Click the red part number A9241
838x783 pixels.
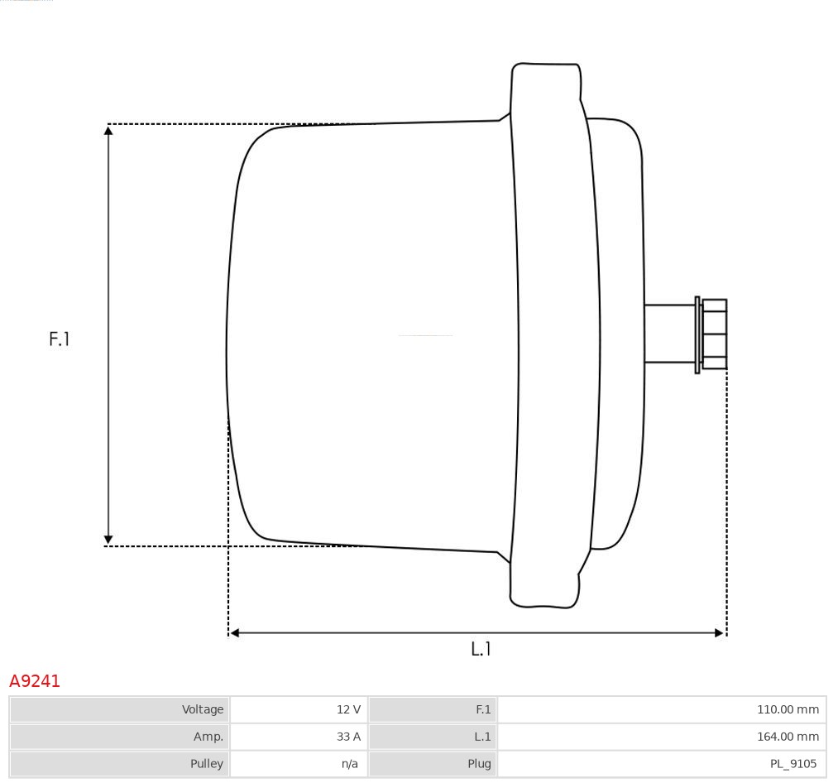[35, 681]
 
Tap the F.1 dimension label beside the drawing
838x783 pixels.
[60, 339]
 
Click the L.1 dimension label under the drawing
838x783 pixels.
[481, 649]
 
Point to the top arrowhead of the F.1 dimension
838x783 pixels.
[108, 130]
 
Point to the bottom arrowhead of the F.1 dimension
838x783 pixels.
[108, 540]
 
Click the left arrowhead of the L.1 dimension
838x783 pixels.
[235, 633]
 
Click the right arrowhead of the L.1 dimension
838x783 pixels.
[719, 633]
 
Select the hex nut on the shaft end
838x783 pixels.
[715, 334]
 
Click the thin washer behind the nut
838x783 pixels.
[697, 334]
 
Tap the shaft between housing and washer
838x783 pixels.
[668, 334]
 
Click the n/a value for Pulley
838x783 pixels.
[350, 763]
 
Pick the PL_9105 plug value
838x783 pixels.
[793, 763]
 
